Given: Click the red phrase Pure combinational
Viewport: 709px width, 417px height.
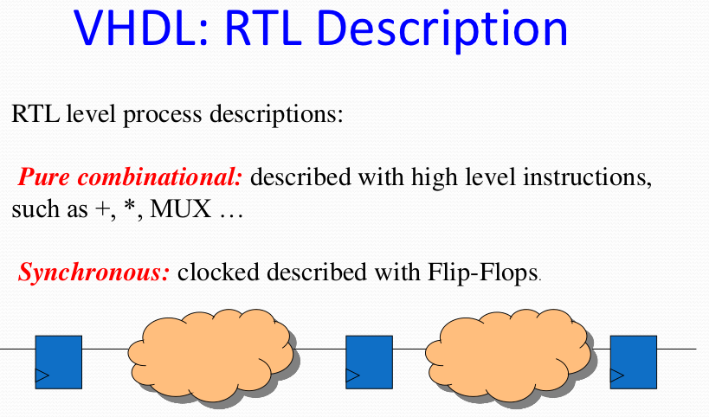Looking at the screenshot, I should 131,178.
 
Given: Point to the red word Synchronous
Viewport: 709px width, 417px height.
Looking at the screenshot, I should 93,273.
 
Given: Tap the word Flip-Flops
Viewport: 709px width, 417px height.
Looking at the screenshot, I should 486,273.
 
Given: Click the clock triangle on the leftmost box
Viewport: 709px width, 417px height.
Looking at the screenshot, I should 42,375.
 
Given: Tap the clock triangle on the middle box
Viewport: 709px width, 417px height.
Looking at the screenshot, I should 352,375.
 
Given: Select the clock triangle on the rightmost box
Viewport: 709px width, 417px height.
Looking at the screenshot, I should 616,375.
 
